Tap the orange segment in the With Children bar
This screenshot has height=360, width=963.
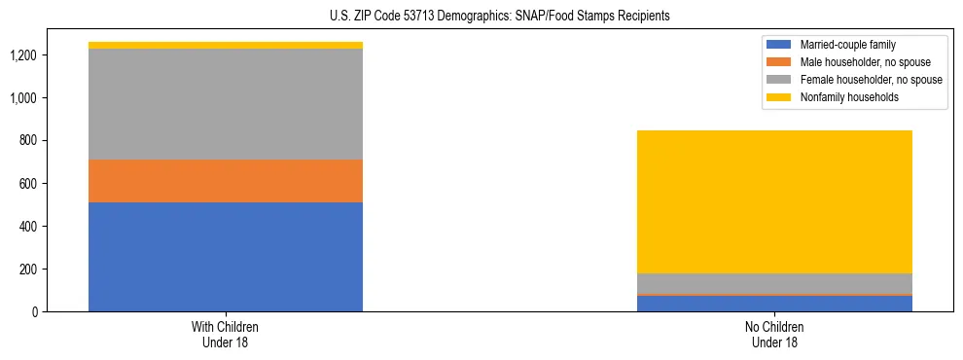tap(226, 181)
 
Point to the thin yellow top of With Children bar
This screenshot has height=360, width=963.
tap(226, 46)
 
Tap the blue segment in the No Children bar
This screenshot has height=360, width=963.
tap(775, 304)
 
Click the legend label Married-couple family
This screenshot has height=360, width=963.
tap(847, 45)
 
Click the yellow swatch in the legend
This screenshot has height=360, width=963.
tap(780, 97)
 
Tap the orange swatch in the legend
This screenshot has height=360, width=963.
tap(780, 62)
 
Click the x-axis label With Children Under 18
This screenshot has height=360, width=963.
tap(226, 334)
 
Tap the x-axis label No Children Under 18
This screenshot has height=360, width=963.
tap(775, 334)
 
